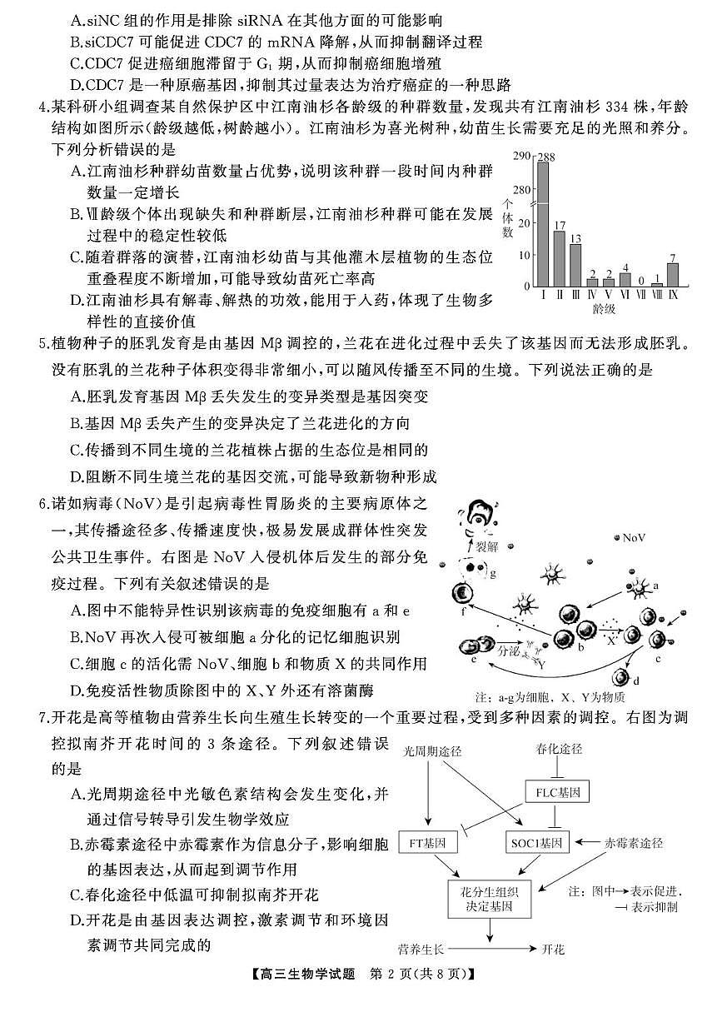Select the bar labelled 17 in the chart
click(x=559, y=258)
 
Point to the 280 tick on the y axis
click(x=520, y=190)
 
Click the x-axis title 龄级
click(x=605, y=309)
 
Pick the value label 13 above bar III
click(x=575, y=237)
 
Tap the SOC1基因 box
click(x=537, y=843)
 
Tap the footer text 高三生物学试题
click(x=309, y=997)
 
